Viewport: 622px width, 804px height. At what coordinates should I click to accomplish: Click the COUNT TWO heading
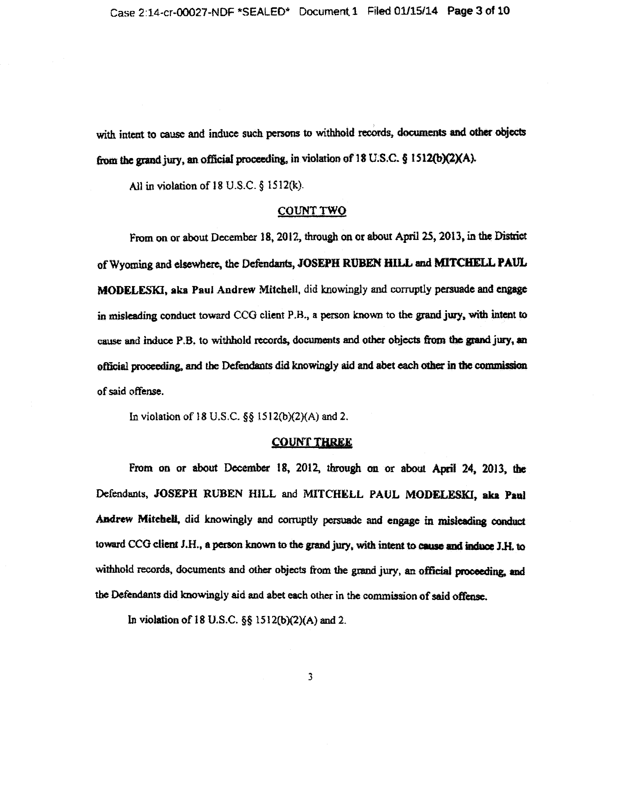tap(311, 211)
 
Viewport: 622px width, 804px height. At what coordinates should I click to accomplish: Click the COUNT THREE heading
tap(311, 442)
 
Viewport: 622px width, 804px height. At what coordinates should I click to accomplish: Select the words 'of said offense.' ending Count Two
tap(130, 391)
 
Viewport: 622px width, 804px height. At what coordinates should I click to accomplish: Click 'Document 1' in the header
tap(328, 12)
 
